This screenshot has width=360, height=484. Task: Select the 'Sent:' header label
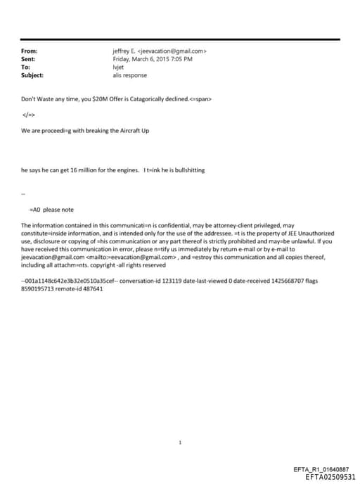click(x=29, y=59)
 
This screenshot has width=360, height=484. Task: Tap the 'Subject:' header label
click(x=32, y=75)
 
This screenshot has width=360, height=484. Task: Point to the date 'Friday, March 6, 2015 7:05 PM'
click(x=153, y=59)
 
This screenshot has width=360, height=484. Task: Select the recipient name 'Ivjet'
click(x=118, y=67)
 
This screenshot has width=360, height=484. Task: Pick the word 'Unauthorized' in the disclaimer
click(x=314, y=233)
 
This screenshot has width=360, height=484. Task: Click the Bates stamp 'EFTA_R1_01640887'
click(x=320, y=469)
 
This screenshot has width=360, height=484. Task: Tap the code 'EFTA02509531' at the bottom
click(x=326, y=477)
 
